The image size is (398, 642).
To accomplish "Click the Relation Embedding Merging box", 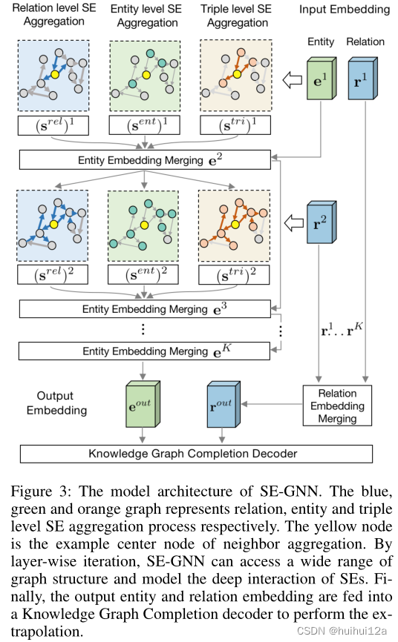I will [337, 406].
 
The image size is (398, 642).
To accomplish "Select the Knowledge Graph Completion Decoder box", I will [192, 453].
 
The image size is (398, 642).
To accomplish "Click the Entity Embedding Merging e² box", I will [146, 159].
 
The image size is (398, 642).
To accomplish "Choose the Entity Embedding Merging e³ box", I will [146, 308].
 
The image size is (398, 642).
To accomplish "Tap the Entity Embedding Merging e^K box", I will [146, 351].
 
